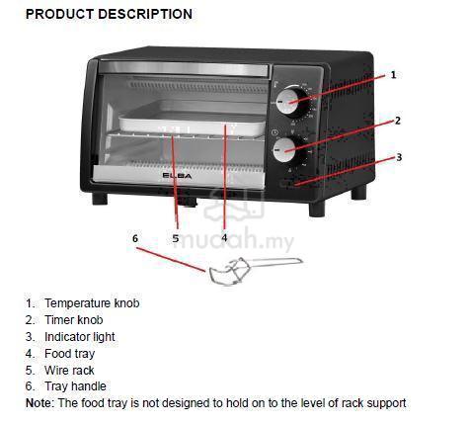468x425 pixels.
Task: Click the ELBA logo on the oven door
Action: (177, 176)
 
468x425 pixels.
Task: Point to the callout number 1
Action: (393, 75)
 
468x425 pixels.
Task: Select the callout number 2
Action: (398, 121)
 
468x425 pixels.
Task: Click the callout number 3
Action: (399, 157)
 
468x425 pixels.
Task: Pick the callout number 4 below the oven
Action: (224, 237)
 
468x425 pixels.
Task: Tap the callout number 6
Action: (135, 238)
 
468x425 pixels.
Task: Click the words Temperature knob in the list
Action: (92, 303)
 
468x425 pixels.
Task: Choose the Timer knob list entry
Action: (74, 320)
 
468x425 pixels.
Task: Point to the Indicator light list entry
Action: (80, 337)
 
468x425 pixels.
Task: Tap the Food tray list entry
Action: (70, 354)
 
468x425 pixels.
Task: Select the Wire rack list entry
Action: (69, 371)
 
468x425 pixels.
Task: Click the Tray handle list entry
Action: (76, 386)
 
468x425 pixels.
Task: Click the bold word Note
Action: (39, 403)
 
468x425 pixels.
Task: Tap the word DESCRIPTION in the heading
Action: (145, 14)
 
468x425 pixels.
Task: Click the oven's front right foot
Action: (317, 210)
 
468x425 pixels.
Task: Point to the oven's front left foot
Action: (100, 199)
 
